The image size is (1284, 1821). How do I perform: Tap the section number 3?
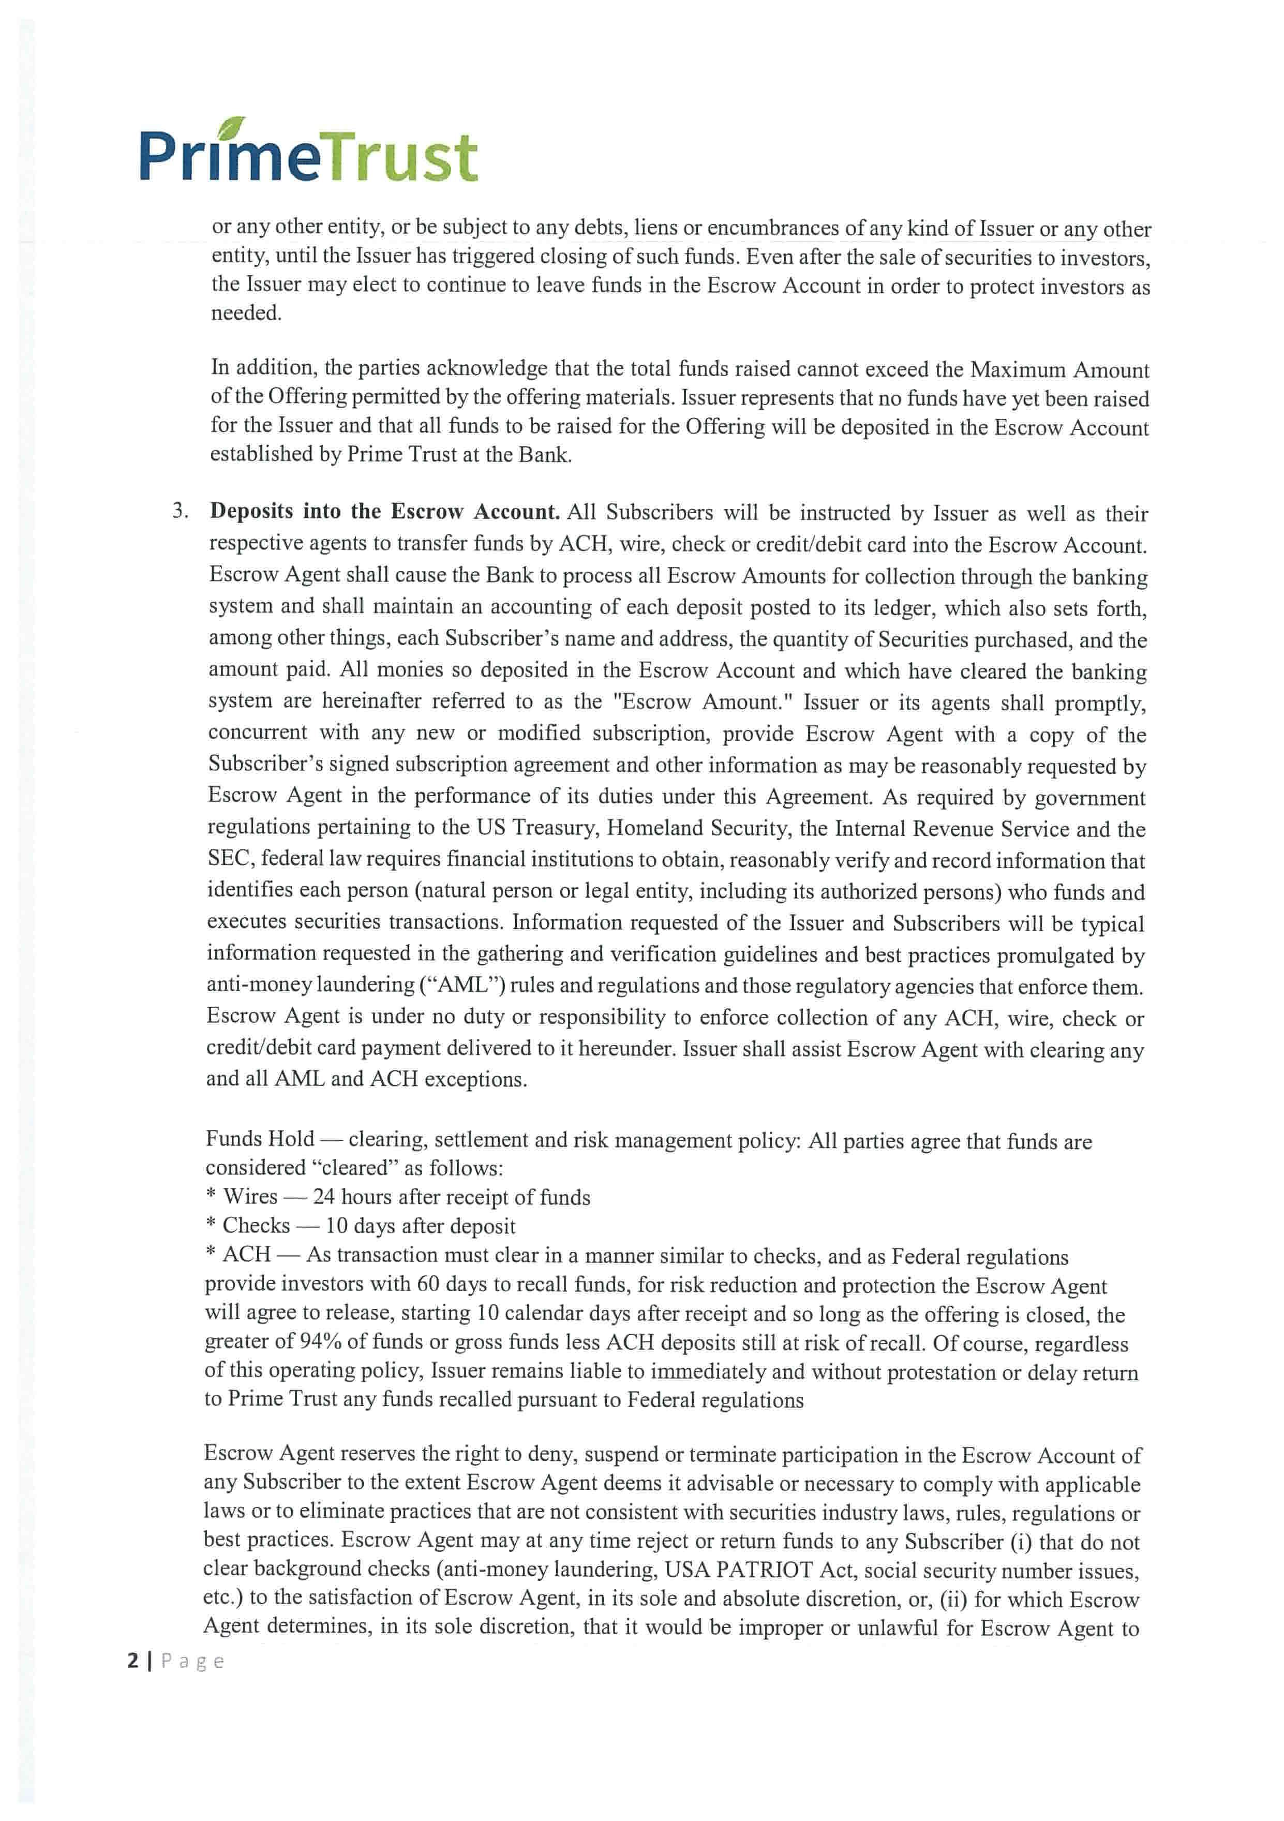(x=181, y=511)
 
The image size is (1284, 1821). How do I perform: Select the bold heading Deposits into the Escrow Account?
(x=385, y=512)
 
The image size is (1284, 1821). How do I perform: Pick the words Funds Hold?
(x=260, y=1139)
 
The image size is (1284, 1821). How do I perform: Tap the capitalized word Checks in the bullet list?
(x=256, y=1226)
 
